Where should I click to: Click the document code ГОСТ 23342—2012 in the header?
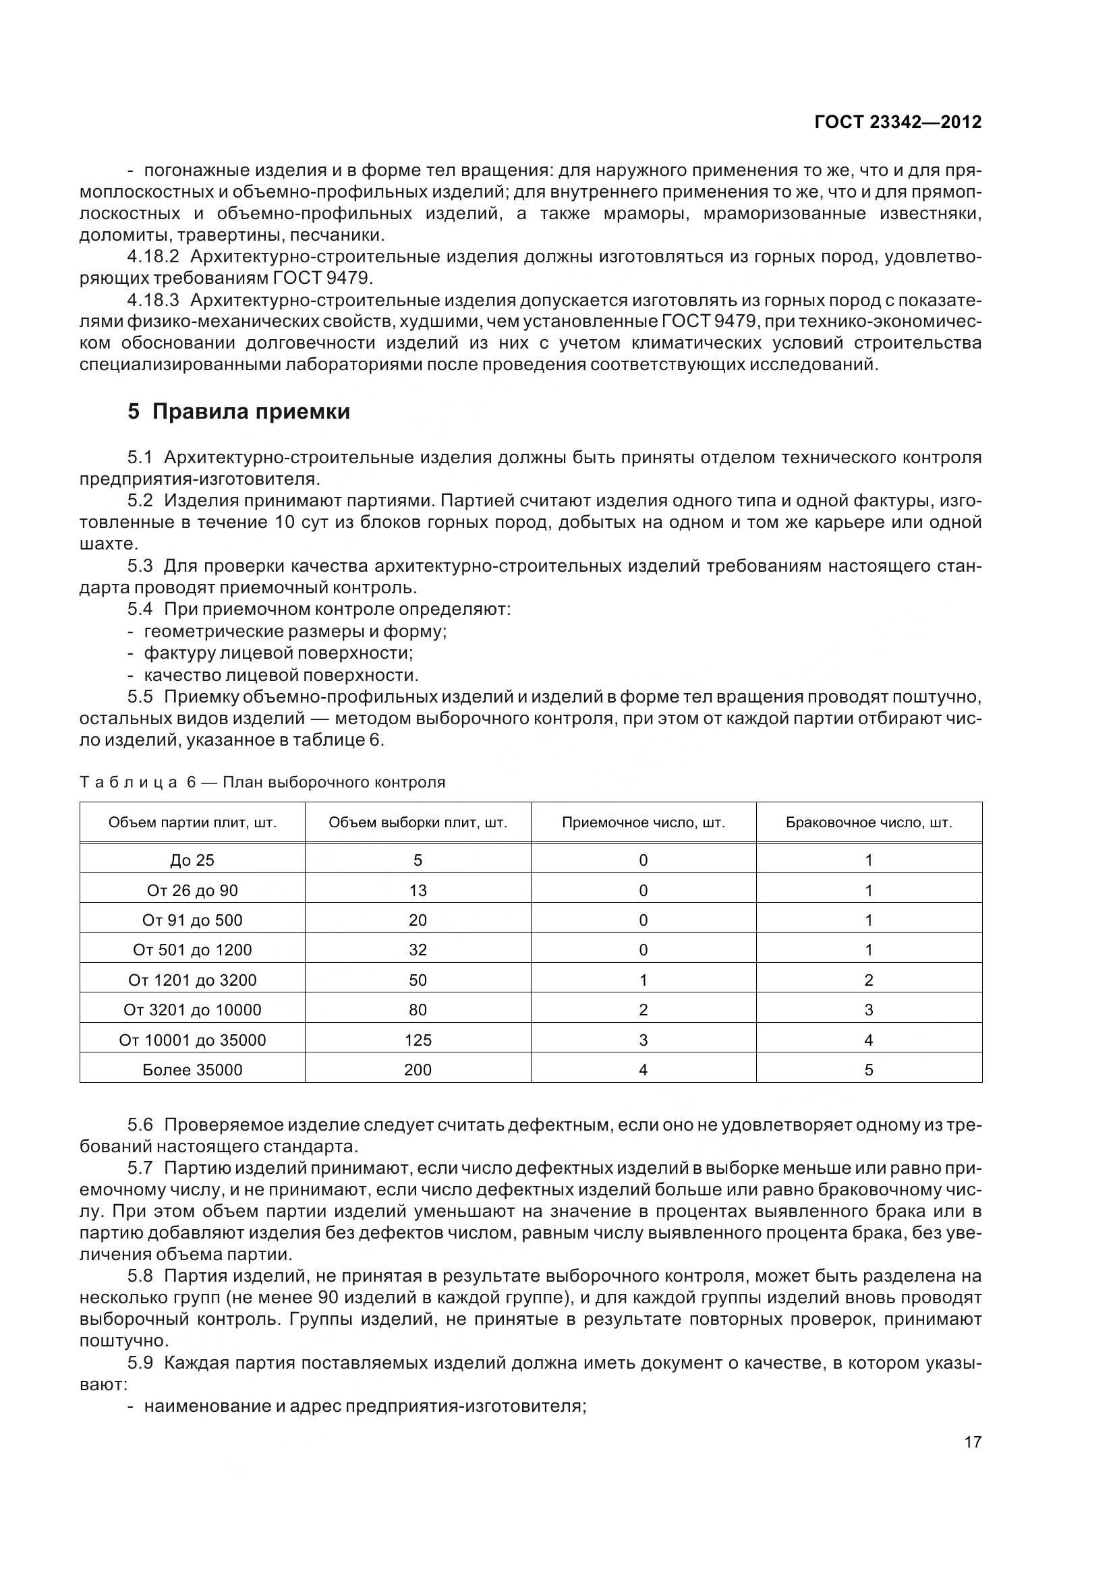[x=897, y=122]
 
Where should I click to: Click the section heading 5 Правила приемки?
[x=238, y=411]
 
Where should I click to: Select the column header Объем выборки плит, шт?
[x=418, y=823]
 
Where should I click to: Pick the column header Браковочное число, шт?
[x=868, y=823]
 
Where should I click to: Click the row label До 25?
[x=192, y=860]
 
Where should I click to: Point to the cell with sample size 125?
[x=418, y=1040]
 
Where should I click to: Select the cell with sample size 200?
[x=418, y=1069]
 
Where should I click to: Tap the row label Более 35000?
[x=192, y=1069]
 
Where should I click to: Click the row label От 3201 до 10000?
[x=192, y=1010]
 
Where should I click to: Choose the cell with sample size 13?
[x=418, y=890]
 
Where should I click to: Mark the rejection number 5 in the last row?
[x=868, y=1069]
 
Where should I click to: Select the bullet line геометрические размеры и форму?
[x=295, y=631]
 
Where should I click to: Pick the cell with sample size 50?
[x=418, y=980]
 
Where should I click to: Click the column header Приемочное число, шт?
[x=643, y=823]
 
